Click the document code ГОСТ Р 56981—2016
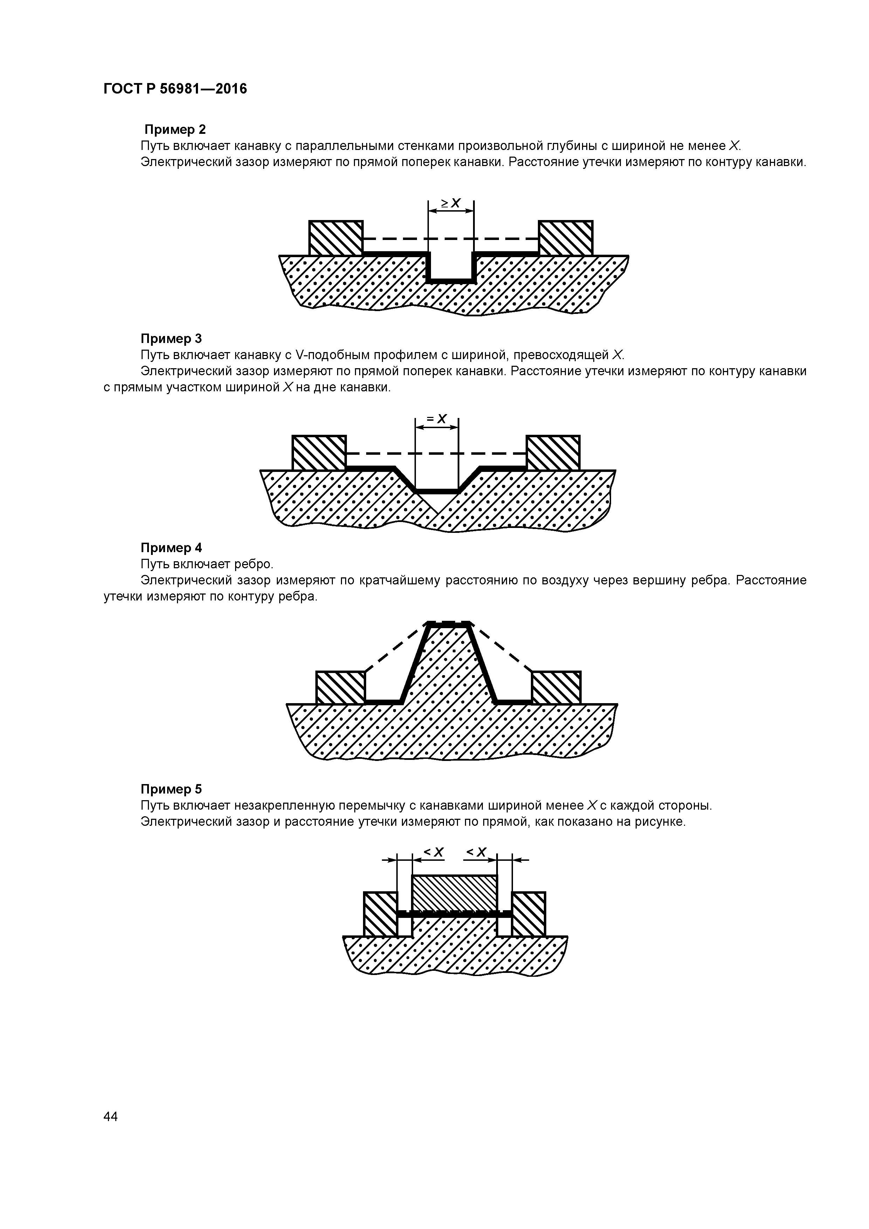pyautogui.click(x=175, y=89)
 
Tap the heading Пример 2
pyautogui.click(x=175, y=130)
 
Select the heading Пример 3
pyautogui.click(x=171, y=338)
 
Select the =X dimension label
pyautogui.click(x=437, y=419)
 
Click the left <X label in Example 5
pyautogui.click(x=434, y=852)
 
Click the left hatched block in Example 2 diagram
pyautogui.click(x=336, y=238)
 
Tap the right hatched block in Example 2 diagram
pyautogui.click(x=566, y=238)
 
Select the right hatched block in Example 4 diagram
pyautogui.click(x=556, y=687)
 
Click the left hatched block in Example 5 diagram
pyautogui.click(x=380, y=914)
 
